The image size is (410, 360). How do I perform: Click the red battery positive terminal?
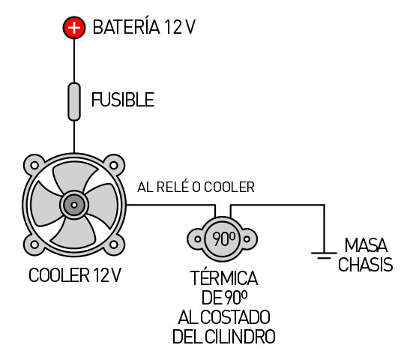click(x=74, y=28)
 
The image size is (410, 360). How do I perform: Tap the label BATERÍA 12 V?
click(x=144, y=27)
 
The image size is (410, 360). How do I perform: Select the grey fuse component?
click(x=74, y=102)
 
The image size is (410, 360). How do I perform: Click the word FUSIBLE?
click(x=123, y=100)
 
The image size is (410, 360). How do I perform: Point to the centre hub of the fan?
click(x=74, y=205)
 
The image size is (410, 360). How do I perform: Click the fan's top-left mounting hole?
click(x=34, y=165)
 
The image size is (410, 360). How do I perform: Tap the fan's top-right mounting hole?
click(x=114, y=165)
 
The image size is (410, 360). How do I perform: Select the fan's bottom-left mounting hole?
click(x=34, y=244)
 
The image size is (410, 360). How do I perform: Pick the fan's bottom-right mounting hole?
click(x=114, y=244)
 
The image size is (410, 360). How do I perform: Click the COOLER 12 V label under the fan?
click(x=75, y=275)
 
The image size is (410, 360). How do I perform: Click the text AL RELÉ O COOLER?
click(x=196, y=187)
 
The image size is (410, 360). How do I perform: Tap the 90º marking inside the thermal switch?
click(x=224, y=238)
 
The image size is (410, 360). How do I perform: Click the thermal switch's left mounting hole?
click(x=198, y=238)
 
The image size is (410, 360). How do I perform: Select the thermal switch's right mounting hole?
click(x=247, y=238)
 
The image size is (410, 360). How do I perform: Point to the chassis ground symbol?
click(x=324, y=255)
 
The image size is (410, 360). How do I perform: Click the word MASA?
click(x=366, y=245)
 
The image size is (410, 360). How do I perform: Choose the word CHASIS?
click(x=366, y=264)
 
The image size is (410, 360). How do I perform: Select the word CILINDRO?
click(x=240, y=337)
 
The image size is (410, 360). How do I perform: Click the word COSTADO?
click(x=235, y=317)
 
